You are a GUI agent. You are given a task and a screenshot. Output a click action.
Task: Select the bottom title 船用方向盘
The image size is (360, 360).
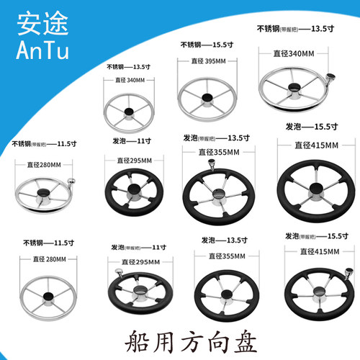pyautogui.click(x=179, y=339)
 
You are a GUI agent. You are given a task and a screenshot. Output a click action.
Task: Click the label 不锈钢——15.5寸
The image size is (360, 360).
pyautogui.click(x=207, y=44)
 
